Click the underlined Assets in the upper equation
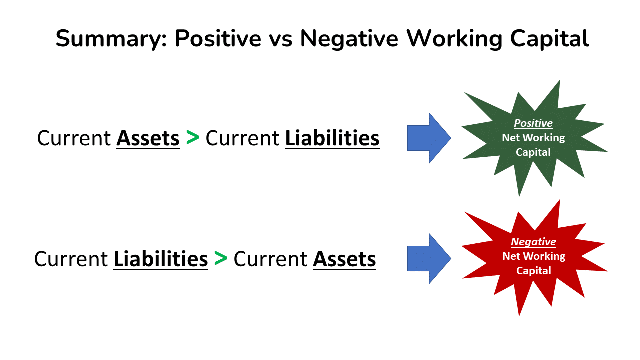click(148, 138)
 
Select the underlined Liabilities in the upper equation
click(332, 138)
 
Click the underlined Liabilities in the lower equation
click(161, 259)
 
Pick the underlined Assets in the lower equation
click(344, 259)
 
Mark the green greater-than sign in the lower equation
click(220, 258)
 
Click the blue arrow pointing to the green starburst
click(429, 138)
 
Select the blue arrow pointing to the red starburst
click(429, 258)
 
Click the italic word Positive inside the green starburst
click(533, 123)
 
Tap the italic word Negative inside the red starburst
click(533, 242)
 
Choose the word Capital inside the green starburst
click(533, 152)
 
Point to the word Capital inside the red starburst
click(533, 271)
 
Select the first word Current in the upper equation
click(74, 138)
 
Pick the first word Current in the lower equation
click(71, 259)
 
